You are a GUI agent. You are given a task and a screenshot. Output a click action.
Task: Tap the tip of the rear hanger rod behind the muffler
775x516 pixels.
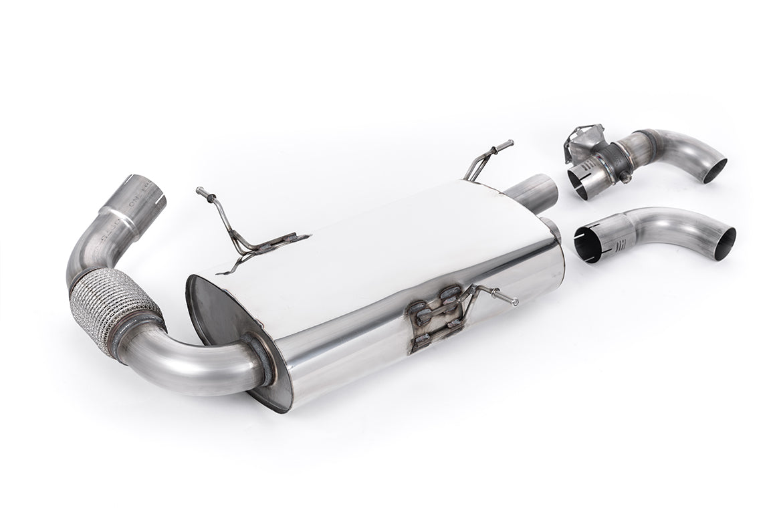pyautogui.click(x=511, y=142)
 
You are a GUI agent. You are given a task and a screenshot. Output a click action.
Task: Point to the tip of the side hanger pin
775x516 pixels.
pyautogui.click(x=516, y=303)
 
